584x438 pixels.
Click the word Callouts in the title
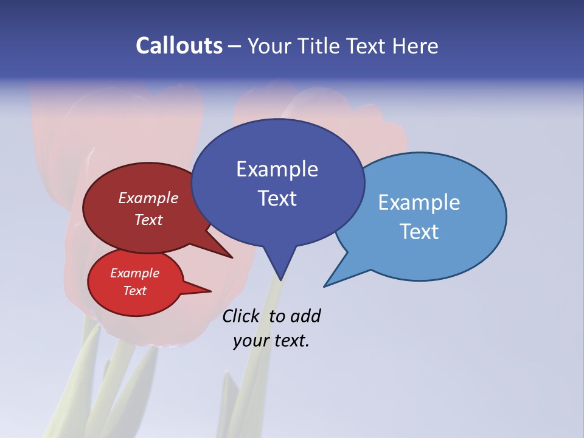point(179,46)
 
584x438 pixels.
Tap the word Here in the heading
point(415,46)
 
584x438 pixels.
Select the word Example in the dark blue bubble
point(277,169)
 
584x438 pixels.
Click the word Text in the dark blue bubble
point(277,198)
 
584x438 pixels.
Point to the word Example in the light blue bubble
point(419,203)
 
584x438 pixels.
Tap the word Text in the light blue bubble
point(419,232)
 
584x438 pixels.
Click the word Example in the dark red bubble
point(148,198)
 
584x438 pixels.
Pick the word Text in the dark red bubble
point(148,220)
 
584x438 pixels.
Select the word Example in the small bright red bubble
point(134,273)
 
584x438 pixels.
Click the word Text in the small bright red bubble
point(134,291)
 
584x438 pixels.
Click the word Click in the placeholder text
point(240,316)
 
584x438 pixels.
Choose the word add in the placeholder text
point(305,316)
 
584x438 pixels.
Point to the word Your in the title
point(269,46)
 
